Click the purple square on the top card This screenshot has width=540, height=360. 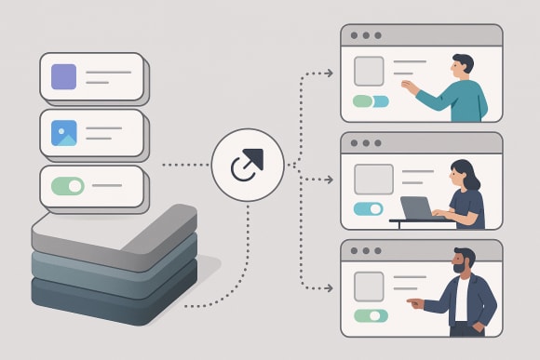(x=64, y=76)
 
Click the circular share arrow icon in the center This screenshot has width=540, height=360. (x=248, y=166)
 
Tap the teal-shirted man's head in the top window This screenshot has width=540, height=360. (x=463, y=66)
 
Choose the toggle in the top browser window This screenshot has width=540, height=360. (x=370, y=101)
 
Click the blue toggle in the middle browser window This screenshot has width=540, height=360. (x=369, y=208)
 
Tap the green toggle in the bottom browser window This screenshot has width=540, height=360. (x=370, y=315)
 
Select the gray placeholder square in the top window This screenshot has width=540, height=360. (x=369, y=71)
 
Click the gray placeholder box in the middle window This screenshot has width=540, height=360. (x=373, y=179)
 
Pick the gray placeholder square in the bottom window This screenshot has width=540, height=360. (x=368, y=286)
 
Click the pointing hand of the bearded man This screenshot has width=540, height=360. (x=412, y=302)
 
